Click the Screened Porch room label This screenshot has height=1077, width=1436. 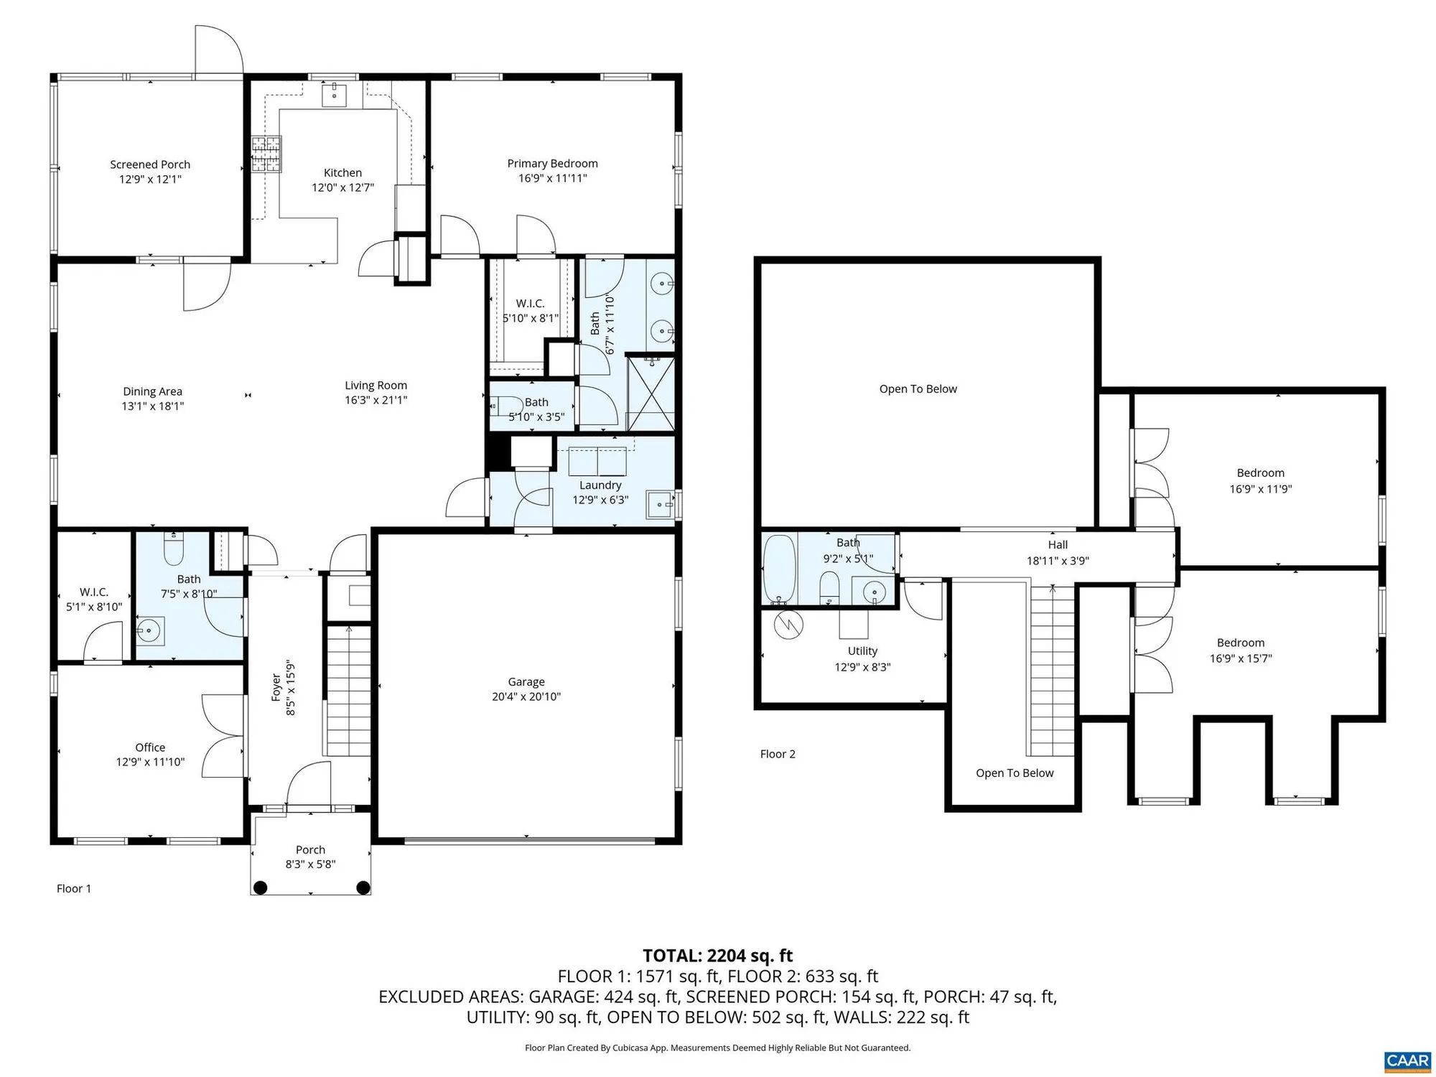tap(150, 164)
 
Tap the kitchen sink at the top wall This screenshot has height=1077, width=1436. tap(334, 94)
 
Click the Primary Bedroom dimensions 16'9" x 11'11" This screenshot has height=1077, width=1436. tap(552, 178)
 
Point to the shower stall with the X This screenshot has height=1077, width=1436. tap(651, 393)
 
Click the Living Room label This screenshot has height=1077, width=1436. tap(376, 386)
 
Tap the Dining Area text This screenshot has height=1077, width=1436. tap(152, 391)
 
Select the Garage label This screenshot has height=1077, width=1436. tap(526, 681)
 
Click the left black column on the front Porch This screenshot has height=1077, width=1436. tap(261, 887)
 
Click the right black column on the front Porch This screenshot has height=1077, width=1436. tap(363, 887)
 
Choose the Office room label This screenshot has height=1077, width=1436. tap(150, 747)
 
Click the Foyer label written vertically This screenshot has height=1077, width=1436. tap(276, 687)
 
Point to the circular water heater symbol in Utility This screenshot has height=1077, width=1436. tap(788, 625)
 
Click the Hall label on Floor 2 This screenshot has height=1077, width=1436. tap(1057, 545)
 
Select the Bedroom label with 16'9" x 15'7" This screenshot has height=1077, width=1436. tap(1240, 643)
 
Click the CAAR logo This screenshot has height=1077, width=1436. tap(1407, 1060)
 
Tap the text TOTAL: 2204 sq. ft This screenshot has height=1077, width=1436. tap(717, 956)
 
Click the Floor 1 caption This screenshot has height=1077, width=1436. tap(74, 888)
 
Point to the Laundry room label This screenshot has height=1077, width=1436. tap(600, 485)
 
